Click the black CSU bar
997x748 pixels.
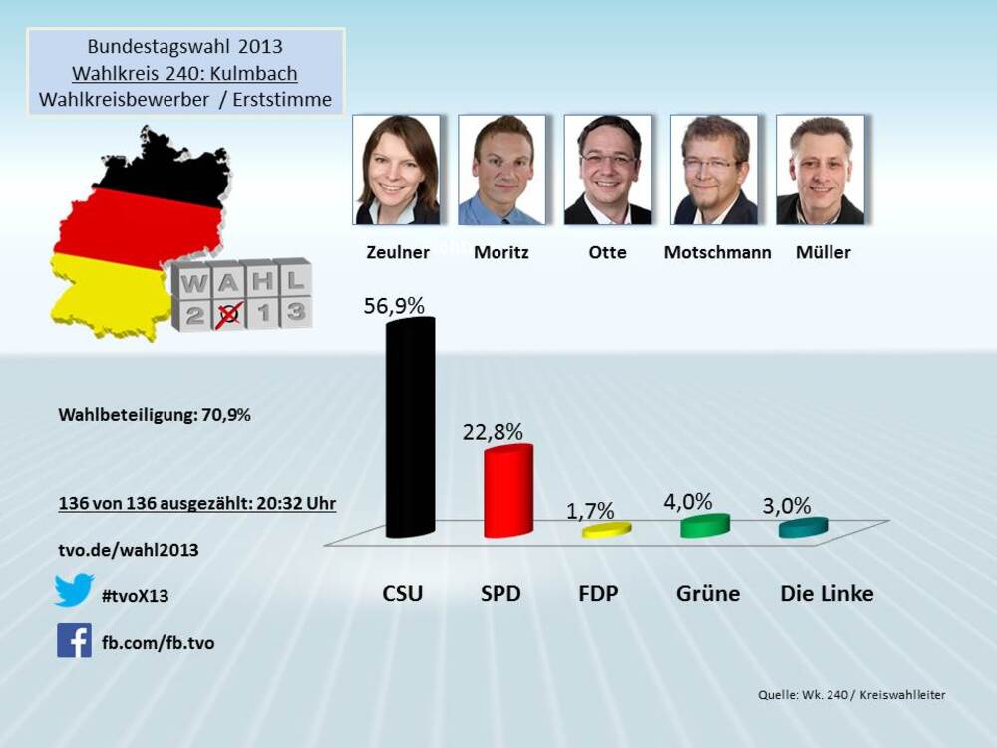[x=410, y=429]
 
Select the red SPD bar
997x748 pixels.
[x=507, y=493]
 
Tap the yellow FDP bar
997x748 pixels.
[x=606, y=529]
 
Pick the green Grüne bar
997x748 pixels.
[x=705, y=525]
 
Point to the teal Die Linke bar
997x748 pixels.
[x=803, y=527]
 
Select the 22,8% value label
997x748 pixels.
[x=493, y=431]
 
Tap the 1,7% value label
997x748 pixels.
[x=592, y=511]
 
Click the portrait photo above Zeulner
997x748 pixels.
[x=397, y=170]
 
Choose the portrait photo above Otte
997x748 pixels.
[x=608, y=170]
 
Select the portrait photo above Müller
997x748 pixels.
[x=820, y=170]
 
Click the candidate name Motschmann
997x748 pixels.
[x=717, y=252]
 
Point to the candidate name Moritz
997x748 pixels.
[x=501, y=252]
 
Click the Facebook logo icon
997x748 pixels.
[x=74, y=640]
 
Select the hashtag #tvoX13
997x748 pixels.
[x=136, y=596]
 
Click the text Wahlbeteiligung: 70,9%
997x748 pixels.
[x=155, y=415]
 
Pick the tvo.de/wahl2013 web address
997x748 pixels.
[x=128, y=549]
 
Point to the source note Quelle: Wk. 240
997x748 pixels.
[x=851, y=695]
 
